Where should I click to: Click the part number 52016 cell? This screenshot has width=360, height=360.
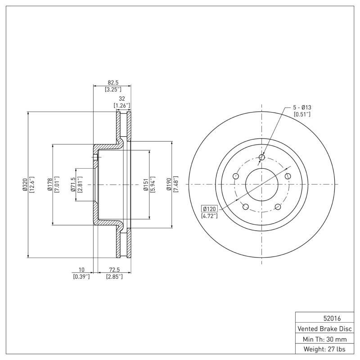324,318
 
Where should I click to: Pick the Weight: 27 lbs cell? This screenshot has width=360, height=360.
324,349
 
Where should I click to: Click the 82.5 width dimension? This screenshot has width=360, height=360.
112,82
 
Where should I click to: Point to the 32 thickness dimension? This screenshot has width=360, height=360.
121,99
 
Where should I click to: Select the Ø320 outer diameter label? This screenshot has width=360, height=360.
25,185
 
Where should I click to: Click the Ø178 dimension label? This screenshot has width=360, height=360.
50,185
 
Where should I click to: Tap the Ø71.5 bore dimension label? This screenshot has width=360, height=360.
73,185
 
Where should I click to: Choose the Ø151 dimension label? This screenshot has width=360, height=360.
145,185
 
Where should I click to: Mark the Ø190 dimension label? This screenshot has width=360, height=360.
169,185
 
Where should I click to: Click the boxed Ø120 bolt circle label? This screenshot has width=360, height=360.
210,209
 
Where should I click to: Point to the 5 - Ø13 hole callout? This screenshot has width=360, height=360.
302,108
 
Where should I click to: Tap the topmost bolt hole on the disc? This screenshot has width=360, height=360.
262,157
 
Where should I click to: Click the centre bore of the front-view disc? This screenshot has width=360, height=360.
262,184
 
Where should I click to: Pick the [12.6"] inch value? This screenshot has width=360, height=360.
31,185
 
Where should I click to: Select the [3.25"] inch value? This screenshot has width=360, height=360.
112,89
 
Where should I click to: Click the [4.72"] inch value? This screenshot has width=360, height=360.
210,216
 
